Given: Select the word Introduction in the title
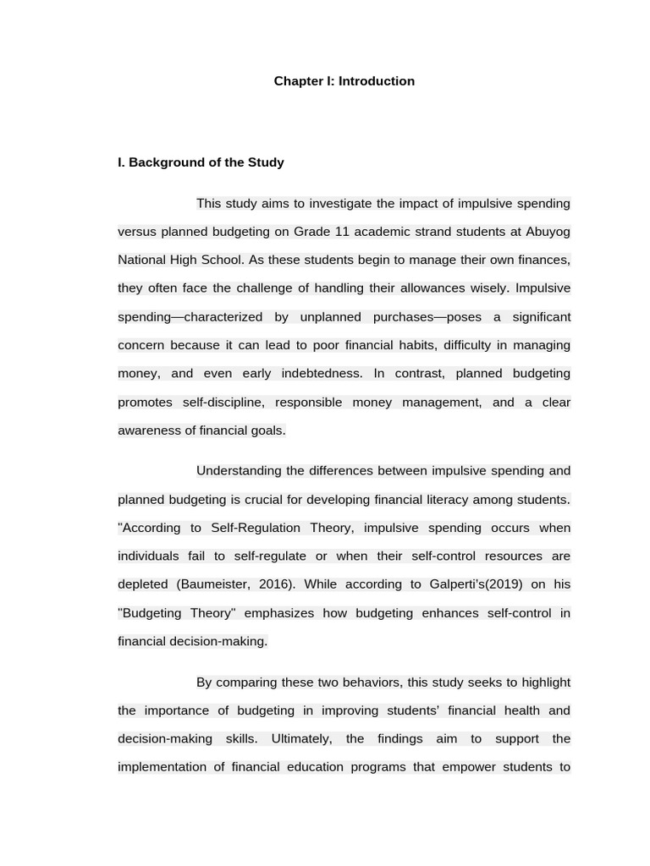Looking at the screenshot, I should click(376, 81).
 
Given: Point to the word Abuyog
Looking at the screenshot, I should click(548, 232).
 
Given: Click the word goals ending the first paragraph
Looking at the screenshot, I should click(267, 430).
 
